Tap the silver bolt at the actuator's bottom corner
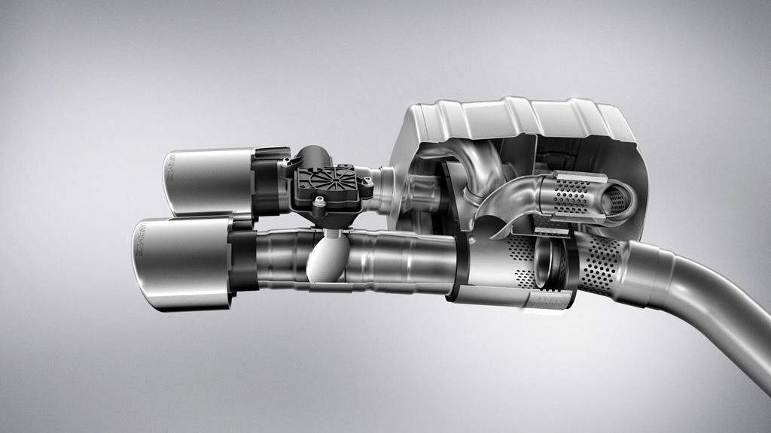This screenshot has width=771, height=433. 320,201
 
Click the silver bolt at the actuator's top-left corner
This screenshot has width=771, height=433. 286,160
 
